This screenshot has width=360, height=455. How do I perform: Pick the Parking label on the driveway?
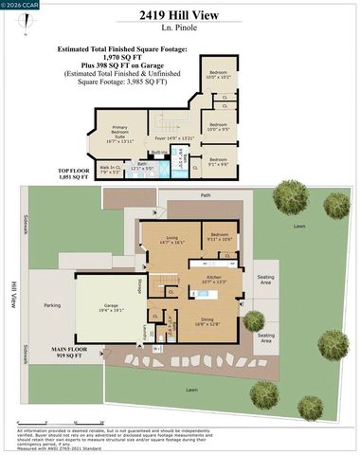pos(52,305)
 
